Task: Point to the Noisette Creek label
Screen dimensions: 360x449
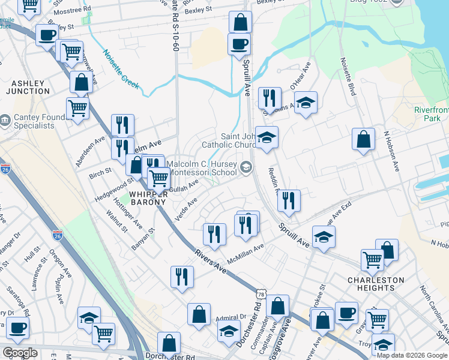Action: (x=121, y=69)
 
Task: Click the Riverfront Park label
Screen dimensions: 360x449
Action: (x=431, y=114)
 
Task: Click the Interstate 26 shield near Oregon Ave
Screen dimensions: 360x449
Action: (x=58, y=235)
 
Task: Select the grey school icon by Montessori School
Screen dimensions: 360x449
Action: (x=246, y=167)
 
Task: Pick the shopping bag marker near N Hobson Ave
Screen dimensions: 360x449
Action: (x=363, y=140)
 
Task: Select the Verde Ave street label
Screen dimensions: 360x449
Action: (x=185, y=211)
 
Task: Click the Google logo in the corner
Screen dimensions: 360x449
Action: (x=19, y=353)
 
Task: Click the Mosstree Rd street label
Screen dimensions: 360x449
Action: (x=71, y=10)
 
